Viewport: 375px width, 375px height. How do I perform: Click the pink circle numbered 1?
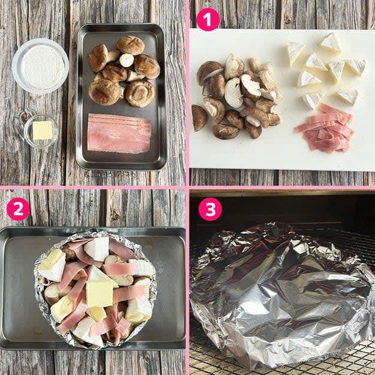208,19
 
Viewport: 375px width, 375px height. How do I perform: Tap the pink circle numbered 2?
18,209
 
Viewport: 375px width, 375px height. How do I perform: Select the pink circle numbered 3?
210,209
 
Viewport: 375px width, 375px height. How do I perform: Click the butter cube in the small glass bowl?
43,130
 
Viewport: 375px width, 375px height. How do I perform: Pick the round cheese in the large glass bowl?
40,67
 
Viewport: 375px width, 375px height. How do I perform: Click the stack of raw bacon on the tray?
119,133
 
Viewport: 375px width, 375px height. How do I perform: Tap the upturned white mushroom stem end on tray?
127,60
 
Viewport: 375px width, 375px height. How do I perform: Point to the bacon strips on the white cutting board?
325,128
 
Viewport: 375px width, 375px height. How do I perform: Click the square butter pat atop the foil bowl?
100,294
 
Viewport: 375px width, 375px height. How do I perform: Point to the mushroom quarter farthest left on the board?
199,118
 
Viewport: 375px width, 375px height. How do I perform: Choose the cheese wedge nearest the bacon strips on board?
313,100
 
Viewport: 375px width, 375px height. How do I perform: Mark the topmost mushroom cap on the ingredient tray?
131,45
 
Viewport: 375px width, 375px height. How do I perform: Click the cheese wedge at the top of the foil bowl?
97,249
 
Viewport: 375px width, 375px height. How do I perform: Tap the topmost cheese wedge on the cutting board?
331,43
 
